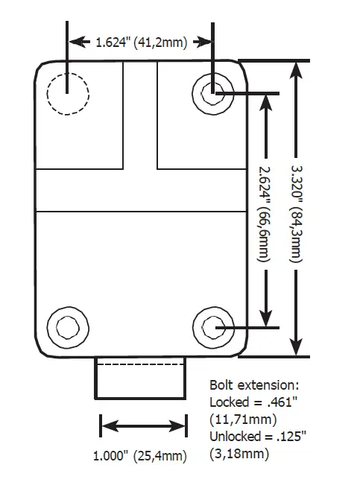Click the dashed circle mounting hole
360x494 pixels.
click(x=68, y=94)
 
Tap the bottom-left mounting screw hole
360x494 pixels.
click(x=68, y=326)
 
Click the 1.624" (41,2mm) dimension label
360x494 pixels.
click(x=141, y=42)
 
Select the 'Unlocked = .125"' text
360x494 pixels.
click(x=253, y=436)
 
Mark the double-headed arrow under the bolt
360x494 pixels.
click(x=142, y=427)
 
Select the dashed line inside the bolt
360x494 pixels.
click(x=139, y=364)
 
